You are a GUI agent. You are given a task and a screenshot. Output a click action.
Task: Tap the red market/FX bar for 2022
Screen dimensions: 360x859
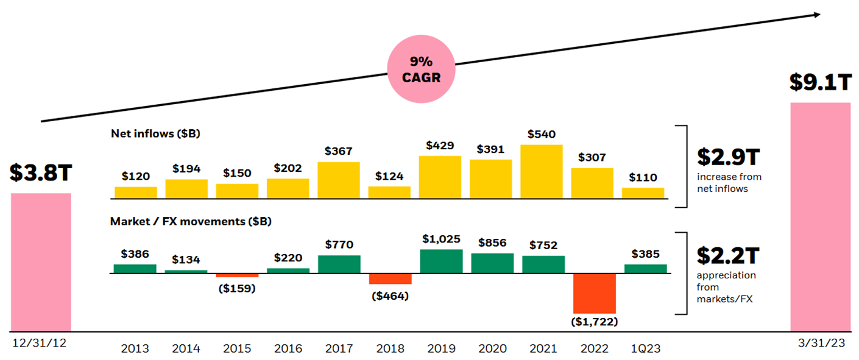pyautogui.click(x=594, y=293)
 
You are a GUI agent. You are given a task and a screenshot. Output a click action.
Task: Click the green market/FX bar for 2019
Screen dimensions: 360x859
pyautogui.click(x=441, y=261)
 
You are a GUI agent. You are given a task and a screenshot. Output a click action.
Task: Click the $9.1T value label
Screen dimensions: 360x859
pyautogui.click(x=820, y=82)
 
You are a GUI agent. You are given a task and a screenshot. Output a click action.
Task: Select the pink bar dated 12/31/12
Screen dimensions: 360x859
pyautogui.click(x=41, y=262)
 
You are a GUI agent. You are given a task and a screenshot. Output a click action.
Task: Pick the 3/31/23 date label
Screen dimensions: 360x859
pyautogui.click(x=821, y=343)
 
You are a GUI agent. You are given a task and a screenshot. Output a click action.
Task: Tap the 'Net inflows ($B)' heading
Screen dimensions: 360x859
pyautogui.click(x=155, y=133)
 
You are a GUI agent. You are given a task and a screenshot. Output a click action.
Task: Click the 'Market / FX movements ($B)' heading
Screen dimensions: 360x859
pyautogui.click(x=190, y=222)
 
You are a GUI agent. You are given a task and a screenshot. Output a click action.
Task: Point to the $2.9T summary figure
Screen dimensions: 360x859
pyautogui.click(x=728, y=157)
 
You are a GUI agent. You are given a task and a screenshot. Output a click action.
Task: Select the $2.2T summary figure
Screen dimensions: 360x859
pyautogui.click(x=728, y=255)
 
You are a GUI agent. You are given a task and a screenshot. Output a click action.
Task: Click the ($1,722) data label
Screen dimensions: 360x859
pyautogui.click(x=594, y=321)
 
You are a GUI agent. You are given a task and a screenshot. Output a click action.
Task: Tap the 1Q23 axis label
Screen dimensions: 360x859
pyautogui.click(x=645, y=349)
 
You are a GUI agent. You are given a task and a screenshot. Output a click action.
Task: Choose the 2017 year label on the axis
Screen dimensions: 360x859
pyautogui.click(x=339, y=349)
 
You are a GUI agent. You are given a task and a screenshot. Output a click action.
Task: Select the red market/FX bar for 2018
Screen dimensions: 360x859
pyautogui.click(x=390, y=278)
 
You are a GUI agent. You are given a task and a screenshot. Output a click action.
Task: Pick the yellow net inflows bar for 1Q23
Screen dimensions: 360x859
pyautogui.click(x=643, y=193)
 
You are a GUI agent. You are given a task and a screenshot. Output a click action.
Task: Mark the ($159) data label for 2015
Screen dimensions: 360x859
pyautogui.click(x=236, y=288)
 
